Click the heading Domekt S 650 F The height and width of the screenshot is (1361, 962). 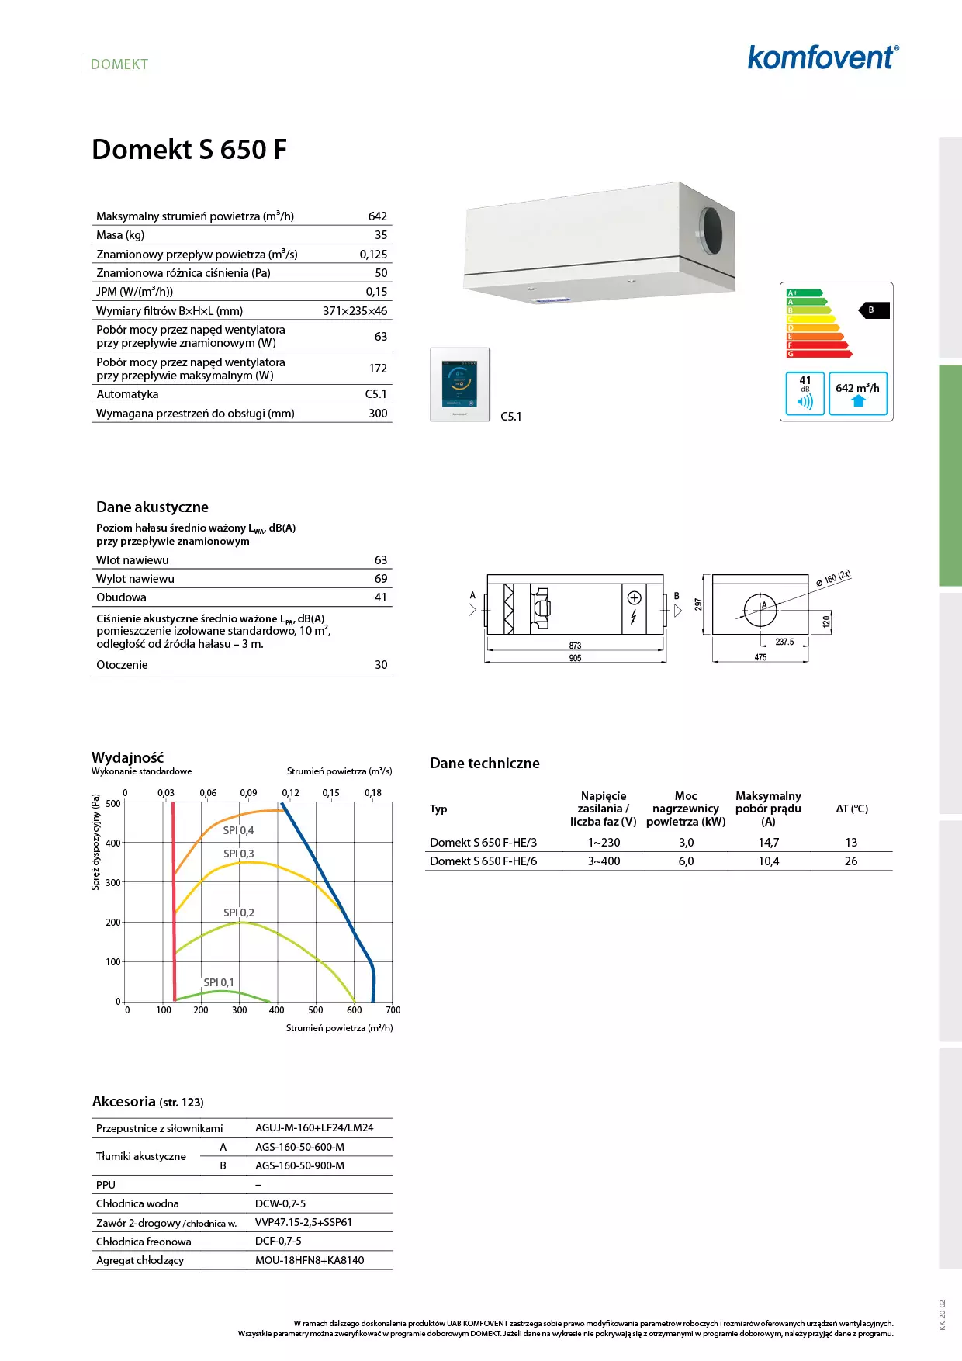click(189, 149)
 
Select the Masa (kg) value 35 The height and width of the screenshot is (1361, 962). click(381, 235)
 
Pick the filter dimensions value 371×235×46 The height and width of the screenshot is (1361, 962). click(355, 311)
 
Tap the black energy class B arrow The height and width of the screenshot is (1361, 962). click(874, 310)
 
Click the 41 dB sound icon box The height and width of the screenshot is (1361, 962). click(805, 393)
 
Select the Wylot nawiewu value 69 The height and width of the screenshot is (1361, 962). click(381, 579)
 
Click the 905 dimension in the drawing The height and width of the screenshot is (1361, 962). click(575, 658)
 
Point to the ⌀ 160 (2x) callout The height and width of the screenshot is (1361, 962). click(833, 578)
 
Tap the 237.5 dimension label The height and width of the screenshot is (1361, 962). click(784, 642)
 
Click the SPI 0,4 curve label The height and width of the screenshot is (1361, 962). click(238, 830)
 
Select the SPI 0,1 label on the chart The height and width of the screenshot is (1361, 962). click(218, 982)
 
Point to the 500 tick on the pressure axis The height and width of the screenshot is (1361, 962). click(113, 803)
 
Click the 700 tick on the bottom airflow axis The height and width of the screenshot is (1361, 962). click(393, 1010)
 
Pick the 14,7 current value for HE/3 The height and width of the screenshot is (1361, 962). click(768, 843)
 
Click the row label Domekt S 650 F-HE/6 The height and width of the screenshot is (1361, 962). click(483, 861)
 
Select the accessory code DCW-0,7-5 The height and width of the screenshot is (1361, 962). click(280, 1203)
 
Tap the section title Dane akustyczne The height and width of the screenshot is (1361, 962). click(152, 507)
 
